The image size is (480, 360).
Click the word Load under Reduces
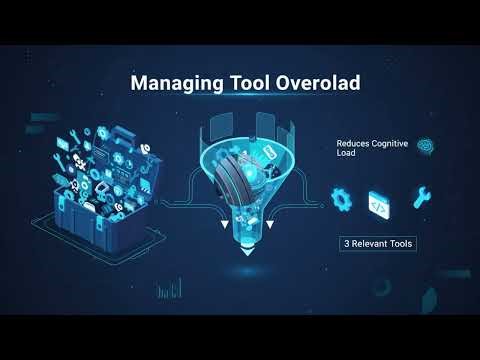(x=346, y=155)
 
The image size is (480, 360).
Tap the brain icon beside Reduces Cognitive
(x=425, y=146)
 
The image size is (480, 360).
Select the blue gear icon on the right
(x=341, y=199)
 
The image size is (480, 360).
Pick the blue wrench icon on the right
(x=420, y=197)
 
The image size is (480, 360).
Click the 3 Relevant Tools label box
(x=378, y=243)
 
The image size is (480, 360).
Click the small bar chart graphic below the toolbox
(x=176, y=289)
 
